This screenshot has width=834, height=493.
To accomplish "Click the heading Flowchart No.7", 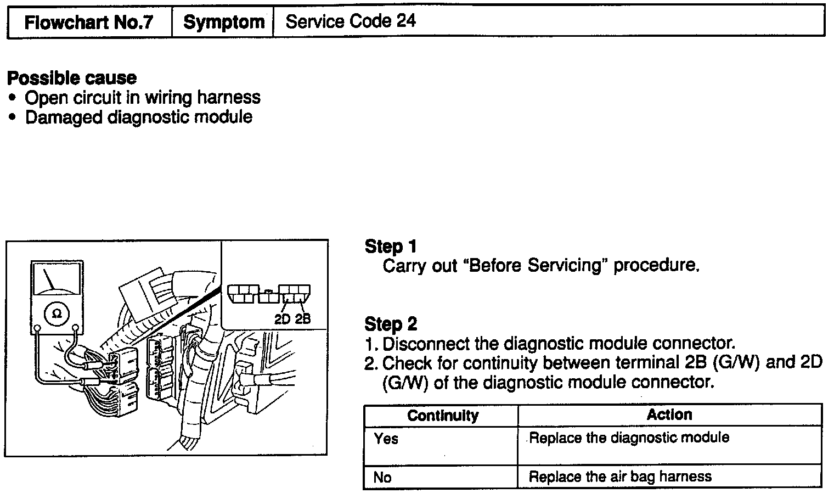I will click(x=89, y=23).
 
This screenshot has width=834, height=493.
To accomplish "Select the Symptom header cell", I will click(x=223, y=23).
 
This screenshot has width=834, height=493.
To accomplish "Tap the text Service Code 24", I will click(x=351, y=21).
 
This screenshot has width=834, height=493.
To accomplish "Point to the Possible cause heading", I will click(x=72, y=78).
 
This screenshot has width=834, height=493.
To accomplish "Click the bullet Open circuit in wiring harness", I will click(x=142, y=98).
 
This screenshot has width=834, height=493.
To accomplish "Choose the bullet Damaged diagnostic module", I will click(x=138, y=117).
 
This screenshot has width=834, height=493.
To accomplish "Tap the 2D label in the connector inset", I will click(x=281, y=319).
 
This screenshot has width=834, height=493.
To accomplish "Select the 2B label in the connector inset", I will click(x=302, y=319).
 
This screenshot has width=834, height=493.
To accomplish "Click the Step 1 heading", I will click(x=391, y=246).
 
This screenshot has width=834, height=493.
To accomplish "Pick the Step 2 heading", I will click(x=391, y=324).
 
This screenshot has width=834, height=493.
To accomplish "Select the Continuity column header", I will click(x=442, y=416).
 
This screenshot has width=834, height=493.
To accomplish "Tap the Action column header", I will click(x=669, y=414).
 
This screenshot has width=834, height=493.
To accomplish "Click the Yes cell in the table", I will click(x=386, y=439).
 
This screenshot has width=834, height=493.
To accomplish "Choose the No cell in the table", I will click(x=382, y=477).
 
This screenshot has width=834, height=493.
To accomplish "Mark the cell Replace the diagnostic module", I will click(x=629, y=438).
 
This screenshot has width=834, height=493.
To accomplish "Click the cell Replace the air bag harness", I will click(x=620, y=477).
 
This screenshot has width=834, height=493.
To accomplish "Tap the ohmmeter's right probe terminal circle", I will click(x=76, y=329).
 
